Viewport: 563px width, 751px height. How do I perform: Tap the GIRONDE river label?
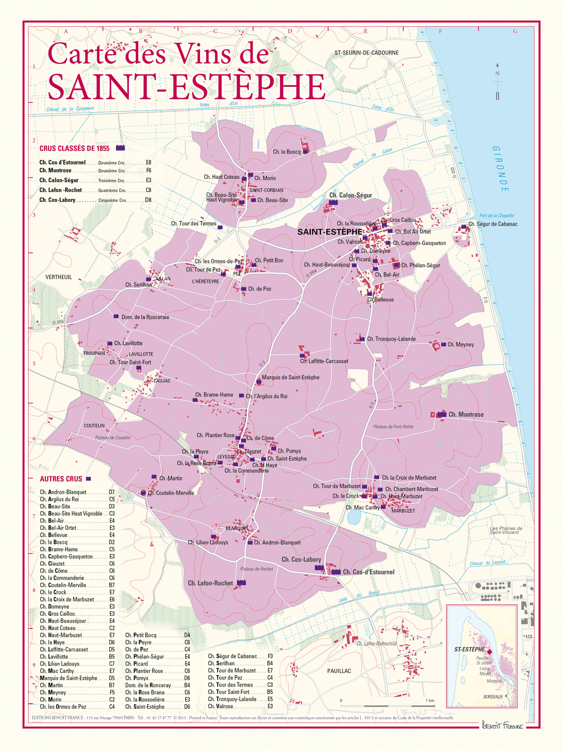[501, 169]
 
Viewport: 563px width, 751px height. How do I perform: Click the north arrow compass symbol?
[498, 82]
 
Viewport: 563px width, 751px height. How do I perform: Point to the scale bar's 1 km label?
[429, 701]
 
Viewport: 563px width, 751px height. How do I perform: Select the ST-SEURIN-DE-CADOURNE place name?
[367, 53]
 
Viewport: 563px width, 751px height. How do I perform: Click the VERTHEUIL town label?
[59, 277]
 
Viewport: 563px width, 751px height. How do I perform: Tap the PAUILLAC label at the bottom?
[339, 671]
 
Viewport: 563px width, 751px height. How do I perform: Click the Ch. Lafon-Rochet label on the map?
[210, 583]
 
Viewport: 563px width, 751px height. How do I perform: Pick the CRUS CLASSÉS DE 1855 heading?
[74, 148]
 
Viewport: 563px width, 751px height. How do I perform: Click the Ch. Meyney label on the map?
[460, 345]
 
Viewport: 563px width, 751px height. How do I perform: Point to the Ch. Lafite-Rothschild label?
[376, 643]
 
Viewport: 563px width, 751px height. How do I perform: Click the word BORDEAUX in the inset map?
[493, 697]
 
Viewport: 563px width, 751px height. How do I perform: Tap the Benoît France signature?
[502, 725]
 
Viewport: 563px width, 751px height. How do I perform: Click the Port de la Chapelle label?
[496, 216]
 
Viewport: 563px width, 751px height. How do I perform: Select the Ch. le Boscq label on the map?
[287, 152]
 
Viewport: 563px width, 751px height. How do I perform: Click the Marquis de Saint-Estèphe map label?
[290, 377]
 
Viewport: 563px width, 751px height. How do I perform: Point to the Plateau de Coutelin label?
[113, 438]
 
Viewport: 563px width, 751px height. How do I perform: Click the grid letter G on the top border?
[515, 31]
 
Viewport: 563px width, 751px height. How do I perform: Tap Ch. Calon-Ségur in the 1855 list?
[59, 180]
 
